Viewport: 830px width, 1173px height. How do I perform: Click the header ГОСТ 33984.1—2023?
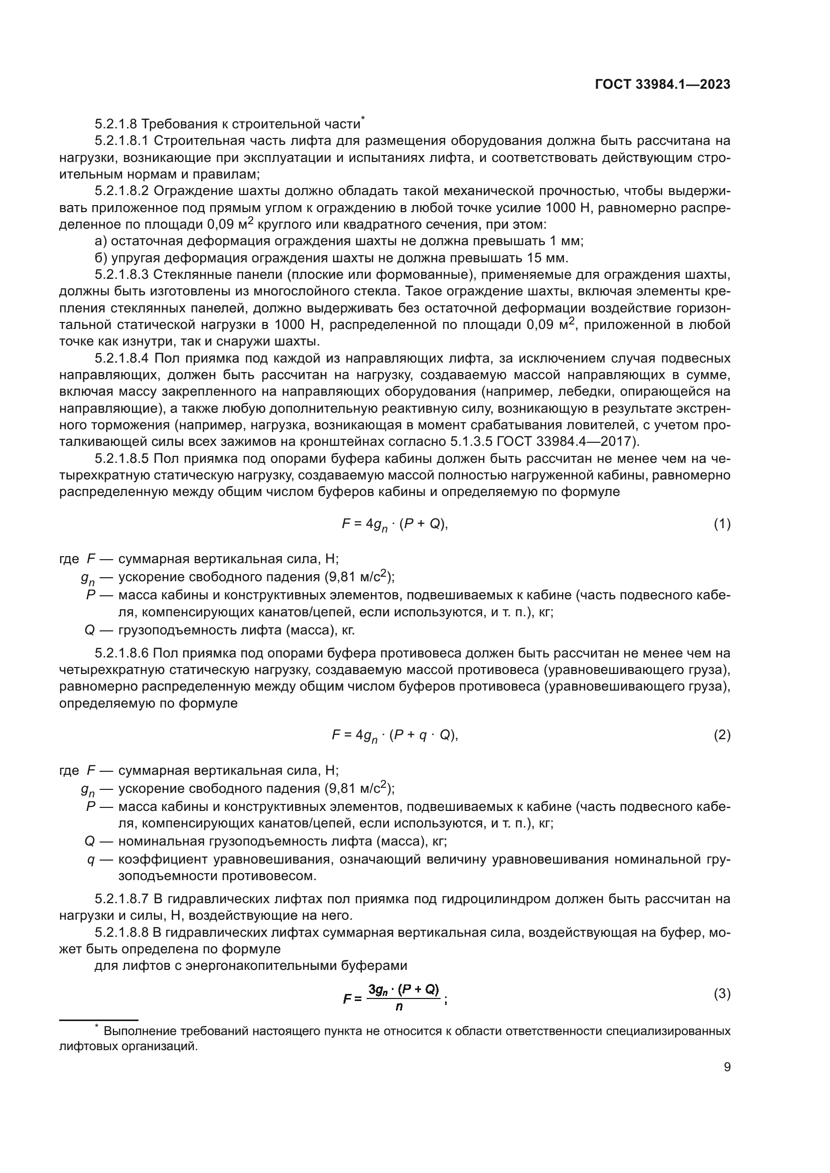(662, 85)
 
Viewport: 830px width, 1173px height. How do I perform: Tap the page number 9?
(727, 1067)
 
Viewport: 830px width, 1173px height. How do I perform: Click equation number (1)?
(722, 524)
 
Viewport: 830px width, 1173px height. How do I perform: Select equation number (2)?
(722, 735)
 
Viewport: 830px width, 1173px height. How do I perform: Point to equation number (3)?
(722, 993)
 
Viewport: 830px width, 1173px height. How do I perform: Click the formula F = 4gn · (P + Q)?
(394, 525)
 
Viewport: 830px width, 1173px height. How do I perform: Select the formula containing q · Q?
(394, 736)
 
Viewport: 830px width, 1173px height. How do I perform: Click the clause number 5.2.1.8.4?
(121, 359)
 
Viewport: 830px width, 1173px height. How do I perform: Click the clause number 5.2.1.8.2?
(121, 191)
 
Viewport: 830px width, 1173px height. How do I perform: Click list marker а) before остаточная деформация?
(101, 241)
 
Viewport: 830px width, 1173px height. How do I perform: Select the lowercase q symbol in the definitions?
(91, 860)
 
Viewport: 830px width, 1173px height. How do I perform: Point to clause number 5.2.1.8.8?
(121, 932)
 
